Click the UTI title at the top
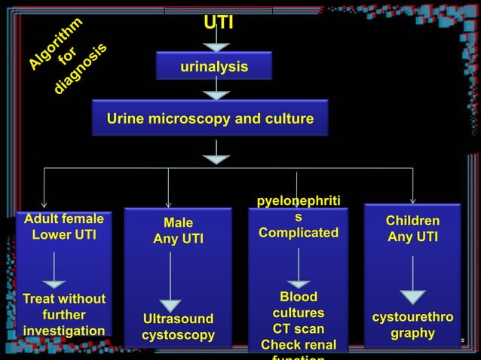click(x=219, y=23)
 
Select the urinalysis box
click(x=214, y=67)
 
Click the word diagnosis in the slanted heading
click(x=81, y=69)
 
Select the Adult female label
click(x=64, y=219)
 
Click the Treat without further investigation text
click(x=64, y=315)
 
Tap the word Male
click(x=178, y=223)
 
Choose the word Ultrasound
click(x=178, y=319)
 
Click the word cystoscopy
click(x=178, y=334)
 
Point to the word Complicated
click(x=299, y=233)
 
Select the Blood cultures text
click(x=299, y=304)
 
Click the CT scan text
click(x=299, y=329)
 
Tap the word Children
click(x=412, y=221)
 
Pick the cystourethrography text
click(x=412, y=325)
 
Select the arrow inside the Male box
click(x=171, y=282)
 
